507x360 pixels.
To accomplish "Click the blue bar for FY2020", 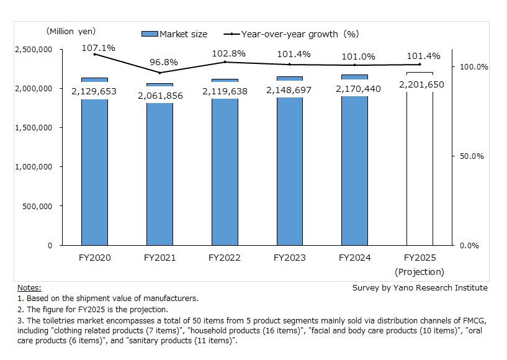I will click(94, 174).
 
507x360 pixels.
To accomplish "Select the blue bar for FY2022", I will click(225, 174).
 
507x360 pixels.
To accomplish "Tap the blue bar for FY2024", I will click(354, 174).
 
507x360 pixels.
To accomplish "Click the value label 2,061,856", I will click(159, 95).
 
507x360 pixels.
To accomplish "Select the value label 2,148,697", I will click(290, 90).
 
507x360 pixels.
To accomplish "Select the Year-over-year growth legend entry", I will click(292, 34).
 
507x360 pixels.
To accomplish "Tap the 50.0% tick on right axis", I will click(471, 156).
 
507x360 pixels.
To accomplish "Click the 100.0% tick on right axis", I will click(473, 66).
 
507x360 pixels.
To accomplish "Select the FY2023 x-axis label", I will click(289, 258).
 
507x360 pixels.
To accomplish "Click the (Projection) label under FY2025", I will click(420, 272).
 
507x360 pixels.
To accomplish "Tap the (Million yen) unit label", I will click(70, 31).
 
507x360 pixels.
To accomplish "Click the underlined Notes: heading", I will click(29, 287).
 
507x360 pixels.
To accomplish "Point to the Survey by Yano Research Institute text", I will click(420, 287).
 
